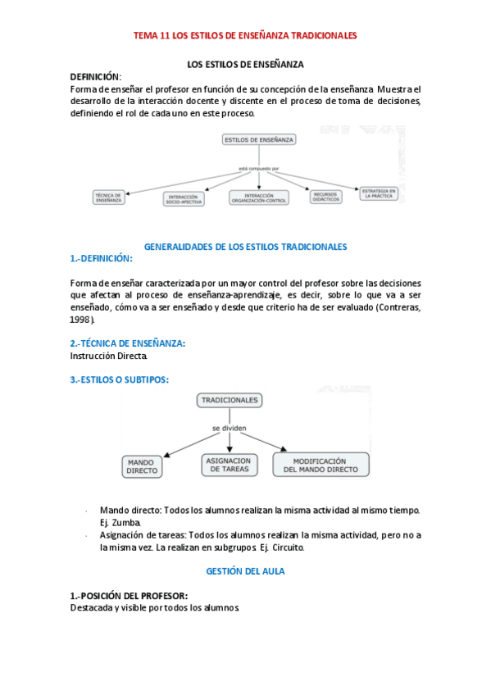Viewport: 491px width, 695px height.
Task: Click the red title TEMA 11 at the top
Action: click(245, 36)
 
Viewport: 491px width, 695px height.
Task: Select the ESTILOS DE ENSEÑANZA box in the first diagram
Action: click(259, 140)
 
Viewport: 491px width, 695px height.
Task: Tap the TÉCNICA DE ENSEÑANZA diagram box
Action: click(108, 197)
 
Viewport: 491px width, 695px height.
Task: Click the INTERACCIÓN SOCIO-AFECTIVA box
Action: click(184, 199)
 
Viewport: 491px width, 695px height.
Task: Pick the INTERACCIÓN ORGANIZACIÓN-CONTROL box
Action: click(259, 198)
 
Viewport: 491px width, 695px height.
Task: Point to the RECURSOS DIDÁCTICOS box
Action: click(325, 197)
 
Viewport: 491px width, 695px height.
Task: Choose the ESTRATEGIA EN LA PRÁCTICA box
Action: click(380, 193)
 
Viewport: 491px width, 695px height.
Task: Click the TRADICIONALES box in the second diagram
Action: click(229, 400)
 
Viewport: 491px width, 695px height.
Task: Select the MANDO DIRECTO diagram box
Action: click(141, 466)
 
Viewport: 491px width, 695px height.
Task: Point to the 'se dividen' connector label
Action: click(229, 429)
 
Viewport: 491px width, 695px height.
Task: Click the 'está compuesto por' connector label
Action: click(259, 168)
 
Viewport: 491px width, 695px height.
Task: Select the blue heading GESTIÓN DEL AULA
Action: click(245, 571)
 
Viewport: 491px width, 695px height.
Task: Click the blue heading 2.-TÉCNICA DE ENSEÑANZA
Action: click(128, 343)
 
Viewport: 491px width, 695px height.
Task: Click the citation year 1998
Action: click(81, 319)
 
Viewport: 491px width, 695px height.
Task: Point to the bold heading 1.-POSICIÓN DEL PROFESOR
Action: click(129, 595)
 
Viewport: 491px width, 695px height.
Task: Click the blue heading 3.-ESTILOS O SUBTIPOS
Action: click(120, 379)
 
